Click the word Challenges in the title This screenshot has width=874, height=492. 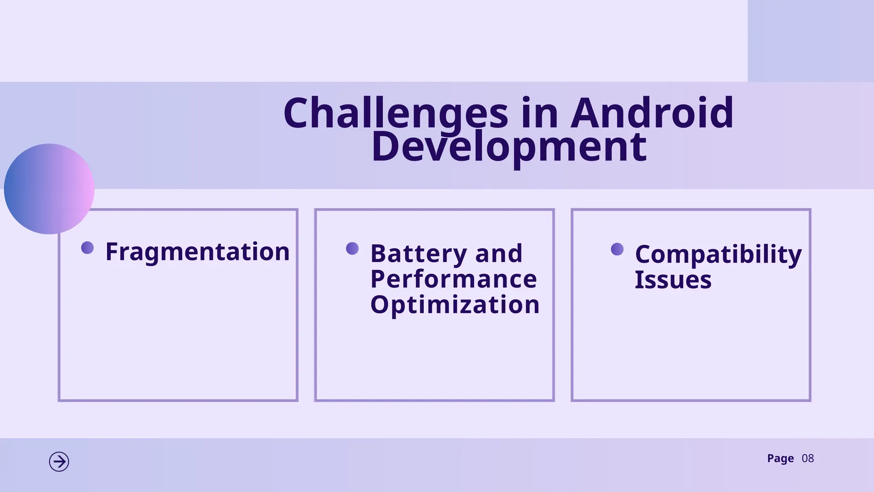[x=396, y=113]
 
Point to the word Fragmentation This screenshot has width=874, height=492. [x=198, y=252]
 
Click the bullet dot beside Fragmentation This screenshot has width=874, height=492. [x=87, y=248]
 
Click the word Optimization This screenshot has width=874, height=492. [x=455, y=305]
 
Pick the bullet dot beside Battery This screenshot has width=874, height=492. [x=353, y=249]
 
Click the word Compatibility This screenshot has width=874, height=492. [x=718, y=255]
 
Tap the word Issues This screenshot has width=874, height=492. [x=673, y=280]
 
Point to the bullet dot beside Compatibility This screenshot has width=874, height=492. [x=617, y=249]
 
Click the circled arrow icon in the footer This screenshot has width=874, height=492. [x=59, y=462]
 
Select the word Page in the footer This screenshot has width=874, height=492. [x=780, y=459]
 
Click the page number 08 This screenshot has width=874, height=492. [x=807, y=459]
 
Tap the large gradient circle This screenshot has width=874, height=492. [x=49, y=189]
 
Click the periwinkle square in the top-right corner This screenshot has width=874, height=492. [x=811, y=41]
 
